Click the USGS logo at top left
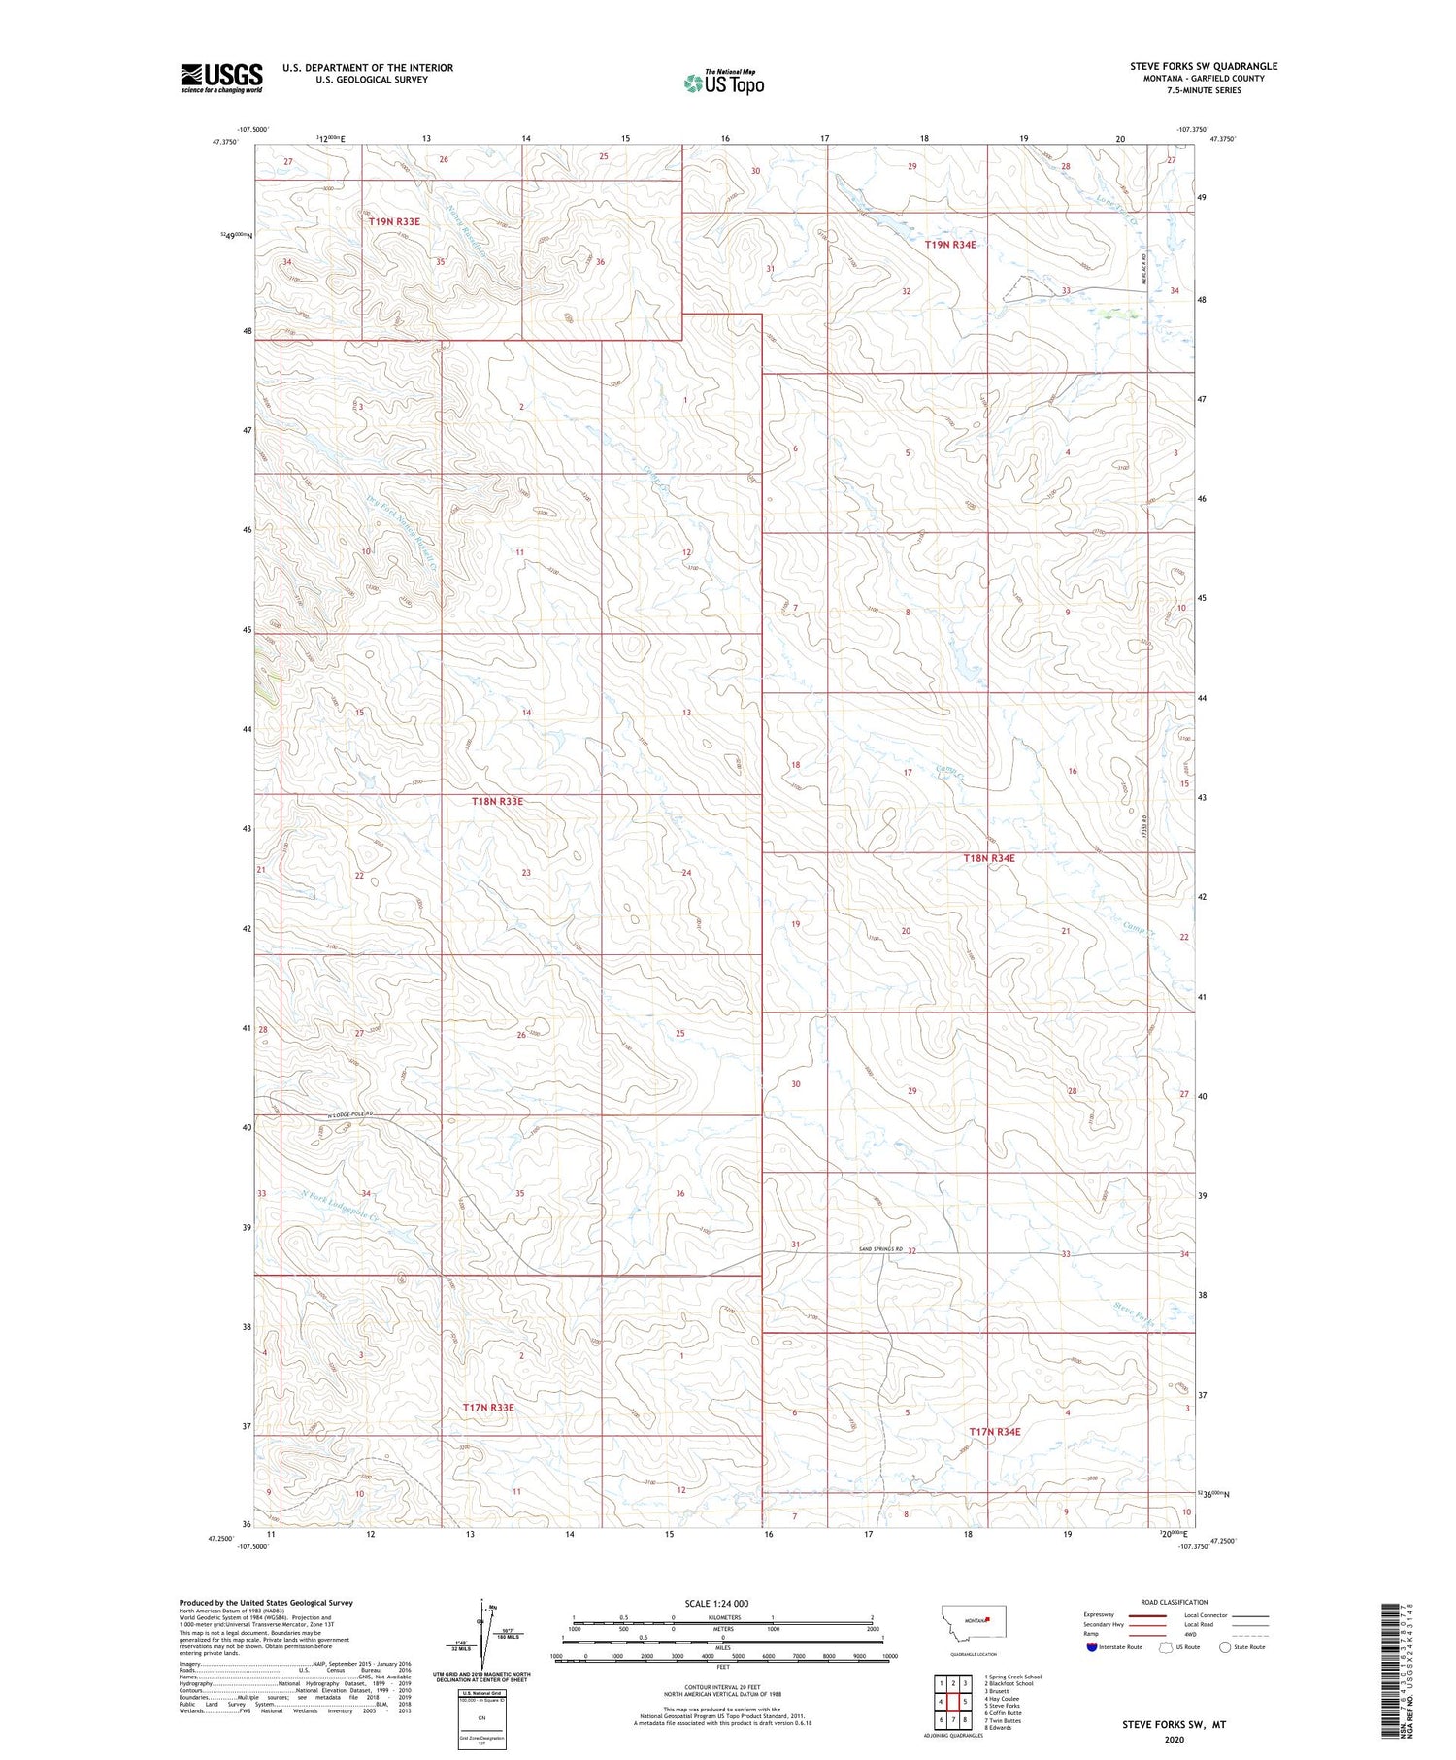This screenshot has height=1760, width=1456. (x=221, y=78)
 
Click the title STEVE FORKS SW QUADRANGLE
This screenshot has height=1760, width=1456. (x=1203, y=66)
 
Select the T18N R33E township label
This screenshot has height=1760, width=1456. (x=497, y=801)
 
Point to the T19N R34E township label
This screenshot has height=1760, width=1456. (x=949, y=245)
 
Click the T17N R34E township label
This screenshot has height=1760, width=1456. (x=994, y=1431)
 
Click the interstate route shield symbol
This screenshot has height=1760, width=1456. (x=1092, y=1647)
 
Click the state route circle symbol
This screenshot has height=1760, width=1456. (x=1226, y=1647)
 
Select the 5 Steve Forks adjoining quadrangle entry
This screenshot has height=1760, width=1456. (x=1001, y=1706)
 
